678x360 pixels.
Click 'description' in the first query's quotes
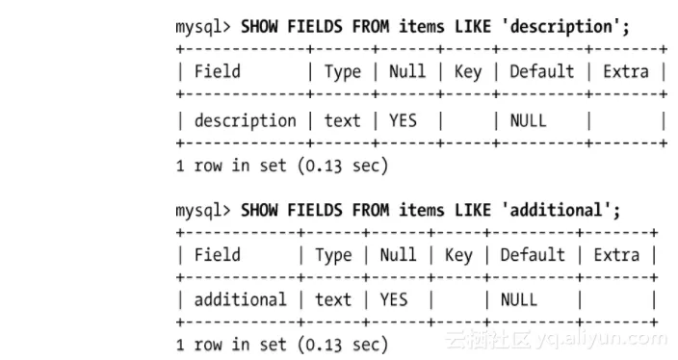561,27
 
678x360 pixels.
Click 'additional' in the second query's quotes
556,210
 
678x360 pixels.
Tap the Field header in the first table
217,71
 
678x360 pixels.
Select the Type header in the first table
343,72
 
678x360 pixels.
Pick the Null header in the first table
407,71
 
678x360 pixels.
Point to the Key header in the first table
468,72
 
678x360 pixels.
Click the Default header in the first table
542,71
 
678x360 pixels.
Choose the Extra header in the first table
626,71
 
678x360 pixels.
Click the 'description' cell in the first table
246,121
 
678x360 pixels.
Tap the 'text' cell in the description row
343,121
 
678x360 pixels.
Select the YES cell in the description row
403,120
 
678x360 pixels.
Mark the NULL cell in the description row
529,120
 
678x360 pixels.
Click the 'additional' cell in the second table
241,299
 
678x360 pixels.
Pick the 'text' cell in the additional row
333,300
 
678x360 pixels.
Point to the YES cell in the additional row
394,299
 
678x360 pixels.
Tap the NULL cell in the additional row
519,299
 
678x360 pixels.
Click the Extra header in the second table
616,255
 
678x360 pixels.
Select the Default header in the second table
533,255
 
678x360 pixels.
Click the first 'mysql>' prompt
203,27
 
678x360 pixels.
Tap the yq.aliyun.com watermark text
601,339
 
